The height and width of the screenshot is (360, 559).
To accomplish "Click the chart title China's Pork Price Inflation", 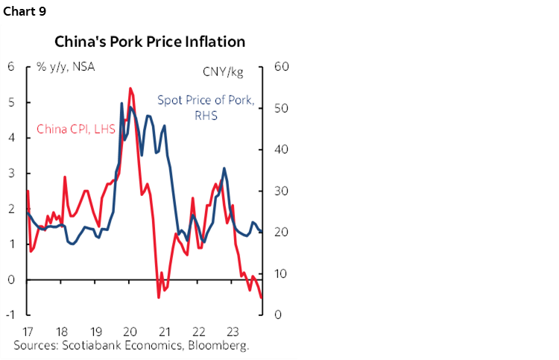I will [149, 42].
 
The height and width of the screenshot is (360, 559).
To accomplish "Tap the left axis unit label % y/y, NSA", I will [66, 66].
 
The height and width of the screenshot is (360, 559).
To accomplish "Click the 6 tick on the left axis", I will [11, 66].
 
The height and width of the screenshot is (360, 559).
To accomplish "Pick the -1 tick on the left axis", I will [10, 315].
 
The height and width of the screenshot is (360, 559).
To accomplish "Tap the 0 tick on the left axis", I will [11, 280].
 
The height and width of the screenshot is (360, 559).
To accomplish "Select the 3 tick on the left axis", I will [11, 173].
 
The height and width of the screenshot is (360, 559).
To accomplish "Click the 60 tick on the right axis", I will [282, 66].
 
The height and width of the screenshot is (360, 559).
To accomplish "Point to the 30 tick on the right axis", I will [282, 191].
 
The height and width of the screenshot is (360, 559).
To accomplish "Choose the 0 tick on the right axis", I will [278, 315].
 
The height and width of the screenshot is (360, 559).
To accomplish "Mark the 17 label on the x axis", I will [28, 332].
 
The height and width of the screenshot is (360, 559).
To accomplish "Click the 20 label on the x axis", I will [129, 332].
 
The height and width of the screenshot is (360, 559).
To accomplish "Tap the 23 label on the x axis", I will [230, 332].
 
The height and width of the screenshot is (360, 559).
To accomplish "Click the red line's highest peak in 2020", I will [130, 88].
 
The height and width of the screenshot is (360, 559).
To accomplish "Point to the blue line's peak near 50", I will [121, 103].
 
